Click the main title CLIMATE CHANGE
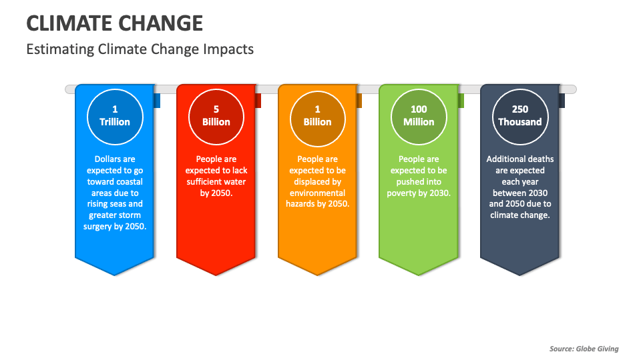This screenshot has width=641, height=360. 114,23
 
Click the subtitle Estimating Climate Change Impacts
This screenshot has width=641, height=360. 140,49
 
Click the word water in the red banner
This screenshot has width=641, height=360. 233,182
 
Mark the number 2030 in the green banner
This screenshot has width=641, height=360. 439,193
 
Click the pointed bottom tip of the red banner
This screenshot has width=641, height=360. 216,274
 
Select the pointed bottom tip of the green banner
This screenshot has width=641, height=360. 419,274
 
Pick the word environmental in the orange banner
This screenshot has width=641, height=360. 318,193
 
